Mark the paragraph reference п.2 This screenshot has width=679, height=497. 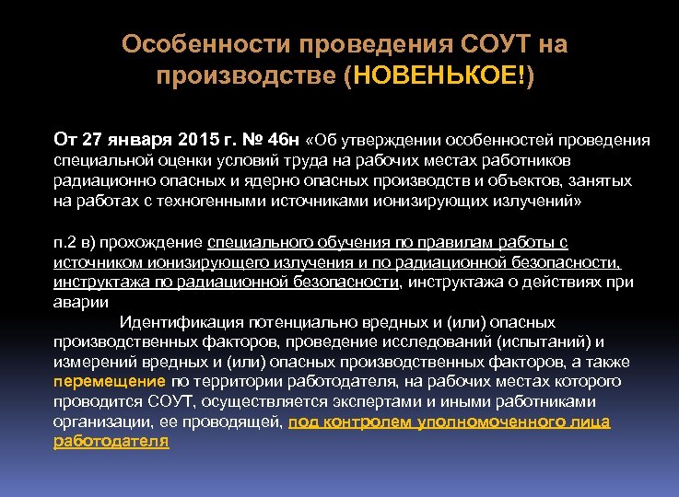[66, 242]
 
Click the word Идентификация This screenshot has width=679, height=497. [181, 322]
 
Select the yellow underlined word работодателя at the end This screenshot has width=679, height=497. [111, 442]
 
